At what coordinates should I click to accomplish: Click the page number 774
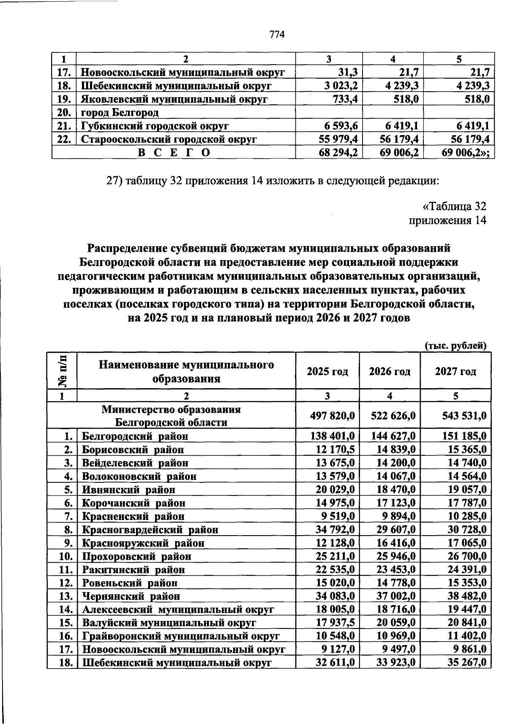[277, 35]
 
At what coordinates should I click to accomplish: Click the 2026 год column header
[390, 372]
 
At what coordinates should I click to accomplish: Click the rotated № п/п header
[62, 370]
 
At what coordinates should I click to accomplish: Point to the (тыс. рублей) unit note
[455, 346]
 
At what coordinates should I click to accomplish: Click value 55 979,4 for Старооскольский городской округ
[338, 139]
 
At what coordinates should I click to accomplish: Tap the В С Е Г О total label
[174, 152]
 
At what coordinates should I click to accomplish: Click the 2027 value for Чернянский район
[467, 596]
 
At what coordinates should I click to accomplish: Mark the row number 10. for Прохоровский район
[66, 556]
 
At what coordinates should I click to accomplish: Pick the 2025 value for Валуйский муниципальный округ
[335, 623]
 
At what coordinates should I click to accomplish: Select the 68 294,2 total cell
[338, 152]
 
